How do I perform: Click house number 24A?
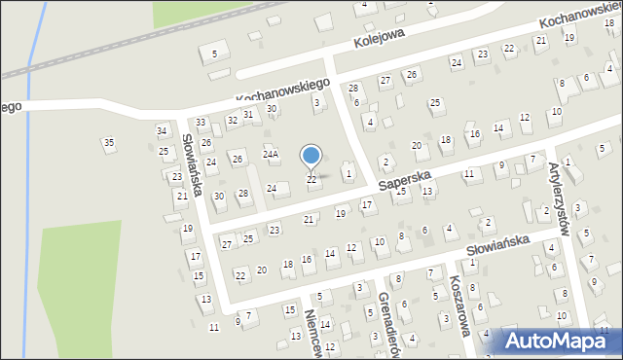coord(271,154)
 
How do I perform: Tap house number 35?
coord(109,143)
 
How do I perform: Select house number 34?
coord(162,131)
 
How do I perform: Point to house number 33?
coord(201,122)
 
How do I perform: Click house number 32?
coord(232,120)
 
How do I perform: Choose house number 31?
coord(248,114)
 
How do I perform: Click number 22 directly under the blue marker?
coord(311,179)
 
